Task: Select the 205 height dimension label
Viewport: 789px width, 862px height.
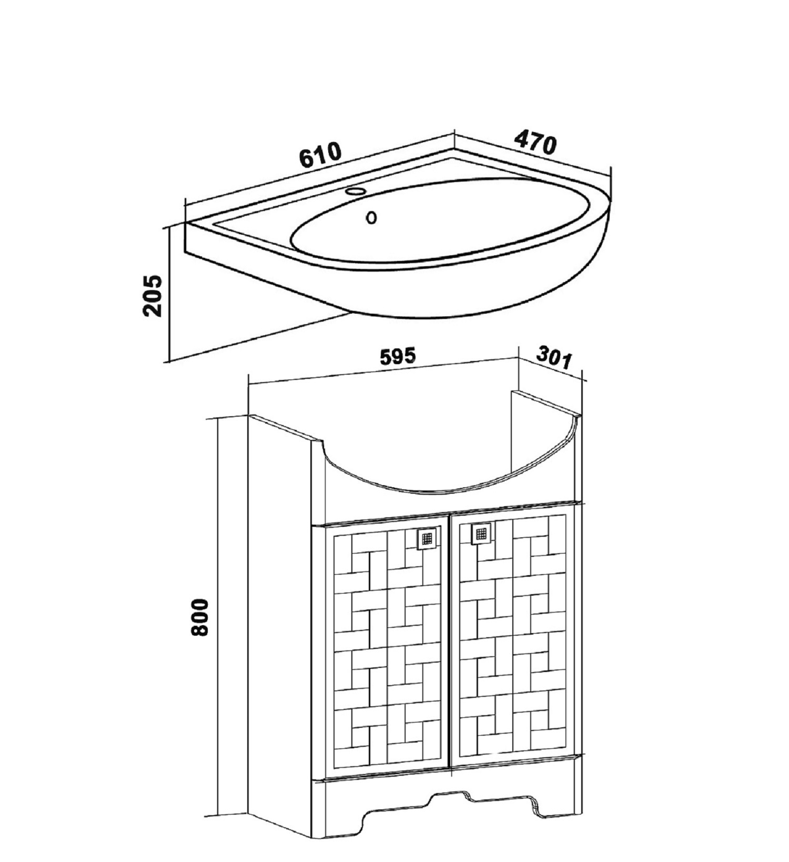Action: (x=153, y=295)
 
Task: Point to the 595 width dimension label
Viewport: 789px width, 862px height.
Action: (x=398, y=357)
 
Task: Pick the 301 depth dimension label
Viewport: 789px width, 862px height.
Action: (x=554, y=358)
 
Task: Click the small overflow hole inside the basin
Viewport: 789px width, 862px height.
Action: (x=371, y=217)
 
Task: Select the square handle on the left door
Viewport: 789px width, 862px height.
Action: (x=427, y=538)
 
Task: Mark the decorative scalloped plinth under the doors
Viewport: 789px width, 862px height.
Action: (x=451, y=806)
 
